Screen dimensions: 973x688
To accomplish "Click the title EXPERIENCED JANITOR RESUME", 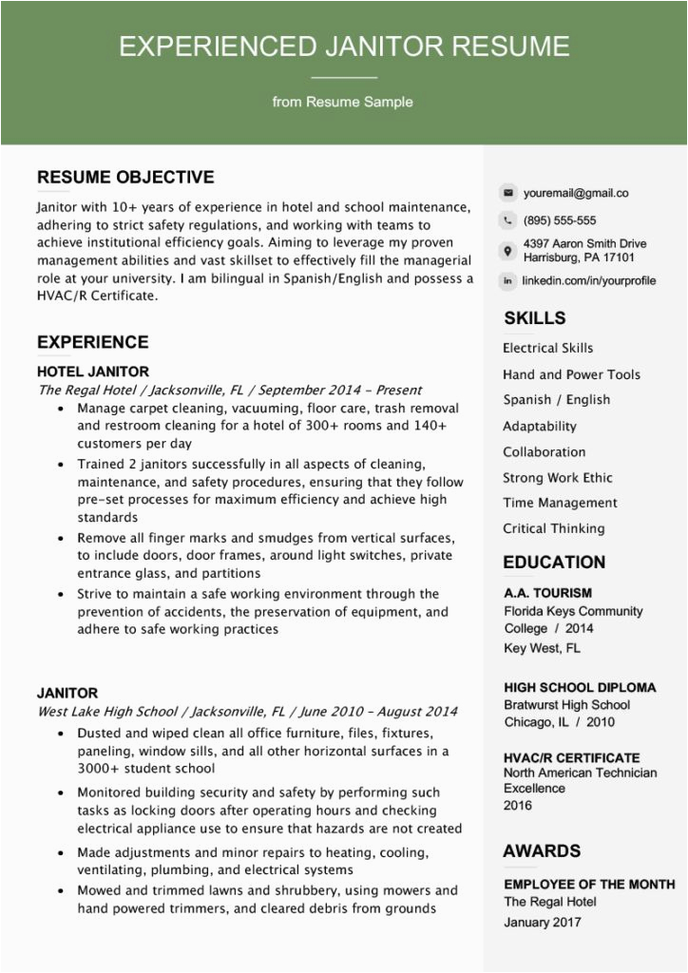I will tap(344, 47).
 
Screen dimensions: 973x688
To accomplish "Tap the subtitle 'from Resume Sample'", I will tap(343, 102).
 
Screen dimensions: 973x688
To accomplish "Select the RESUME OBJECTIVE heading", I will tap(125, 177).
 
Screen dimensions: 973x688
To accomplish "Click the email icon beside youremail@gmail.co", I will tap(508, 193).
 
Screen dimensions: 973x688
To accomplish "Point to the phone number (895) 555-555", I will tap(560, 220).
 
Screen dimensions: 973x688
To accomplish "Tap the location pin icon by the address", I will tap(508, 251).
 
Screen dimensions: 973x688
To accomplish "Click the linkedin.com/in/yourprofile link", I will tap(589, 281).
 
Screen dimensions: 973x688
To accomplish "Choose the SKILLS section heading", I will tap(534, 318).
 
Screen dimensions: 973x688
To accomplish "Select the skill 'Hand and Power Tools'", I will tap(571, 374).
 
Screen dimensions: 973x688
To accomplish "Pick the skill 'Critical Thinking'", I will tap(553, 528).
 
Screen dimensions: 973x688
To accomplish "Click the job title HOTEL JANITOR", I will tap(93, 372).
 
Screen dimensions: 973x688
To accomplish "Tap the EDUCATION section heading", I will tap(554, 563).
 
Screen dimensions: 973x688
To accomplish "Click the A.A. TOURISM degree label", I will tap(547, 593).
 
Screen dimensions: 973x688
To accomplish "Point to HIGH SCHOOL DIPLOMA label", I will tap(580, 687).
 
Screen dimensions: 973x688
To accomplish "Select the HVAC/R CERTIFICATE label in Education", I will tap(571, 757).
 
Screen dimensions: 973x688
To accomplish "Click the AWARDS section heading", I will tap(542, 851).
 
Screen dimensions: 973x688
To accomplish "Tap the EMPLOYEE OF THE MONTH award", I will tap(589, 884).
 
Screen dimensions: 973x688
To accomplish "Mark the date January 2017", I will tap(543, 922).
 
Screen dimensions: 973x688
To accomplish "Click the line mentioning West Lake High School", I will tap(247, 711).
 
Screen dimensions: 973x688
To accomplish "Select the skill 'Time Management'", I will tap(560, 503).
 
